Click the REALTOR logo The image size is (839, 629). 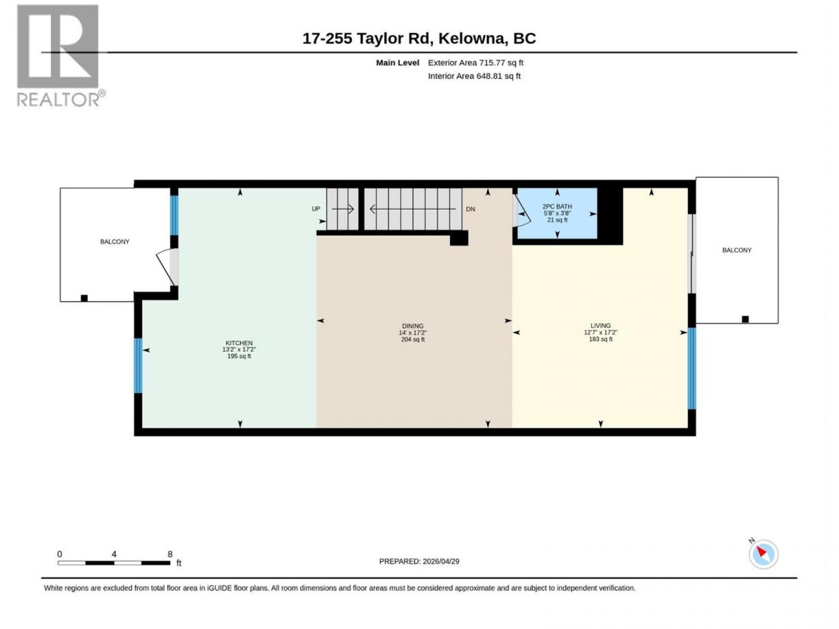point(61,56)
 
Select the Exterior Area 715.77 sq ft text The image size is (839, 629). point(475,63)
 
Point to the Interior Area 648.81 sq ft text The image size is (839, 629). point(474,76)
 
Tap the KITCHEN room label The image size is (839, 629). point(239,343)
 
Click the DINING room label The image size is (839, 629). point(413,326)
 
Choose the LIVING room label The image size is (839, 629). point(600,326)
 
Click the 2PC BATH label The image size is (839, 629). point(557,207)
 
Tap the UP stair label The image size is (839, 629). point(316,209)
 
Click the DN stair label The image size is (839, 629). point(470,209)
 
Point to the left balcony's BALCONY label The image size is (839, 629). point(115,242)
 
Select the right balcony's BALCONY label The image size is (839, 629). point(737,250)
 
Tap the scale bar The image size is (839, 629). point(114,563)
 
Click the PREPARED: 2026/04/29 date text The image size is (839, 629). point(419,561)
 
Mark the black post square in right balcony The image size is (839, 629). point(745,319)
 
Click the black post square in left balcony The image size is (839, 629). point(84,298)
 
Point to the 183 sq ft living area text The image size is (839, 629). point(600,339)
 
